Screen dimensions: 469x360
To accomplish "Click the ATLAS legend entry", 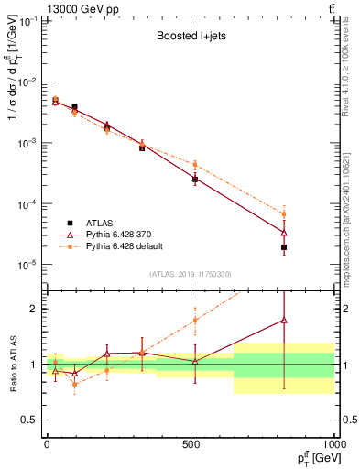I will pos(99,223).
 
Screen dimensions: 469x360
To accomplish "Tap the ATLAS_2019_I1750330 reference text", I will pos(189,274).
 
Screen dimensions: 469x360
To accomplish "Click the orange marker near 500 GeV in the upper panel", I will pos(195,165).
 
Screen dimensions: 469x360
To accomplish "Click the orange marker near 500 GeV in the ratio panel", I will pos(195,321).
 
